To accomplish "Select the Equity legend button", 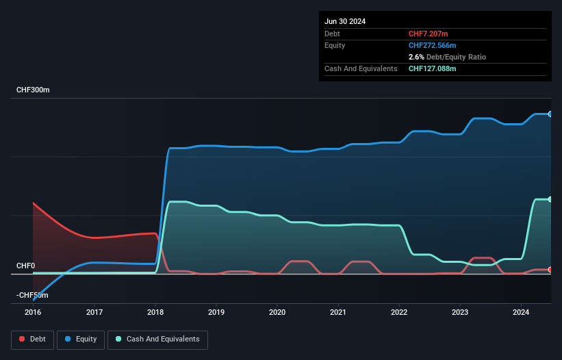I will point(81,339).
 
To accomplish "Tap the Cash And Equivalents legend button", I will point(157,339).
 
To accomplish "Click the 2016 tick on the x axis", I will point(33,313).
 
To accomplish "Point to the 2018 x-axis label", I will point(155,313).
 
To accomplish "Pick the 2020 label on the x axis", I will point(277,313).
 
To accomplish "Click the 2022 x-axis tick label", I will point(399,313).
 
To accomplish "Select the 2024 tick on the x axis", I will point(521,313).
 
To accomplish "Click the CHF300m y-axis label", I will point(33,90).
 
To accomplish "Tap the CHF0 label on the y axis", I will point(25,266).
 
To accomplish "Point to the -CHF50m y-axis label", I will point(32,295).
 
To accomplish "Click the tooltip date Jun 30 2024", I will point(345,21).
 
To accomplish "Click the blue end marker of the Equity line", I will point(550,114).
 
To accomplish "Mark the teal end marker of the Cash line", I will point(550,199).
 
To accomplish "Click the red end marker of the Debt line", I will point(550,270).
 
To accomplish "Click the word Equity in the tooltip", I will point(335,45).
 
